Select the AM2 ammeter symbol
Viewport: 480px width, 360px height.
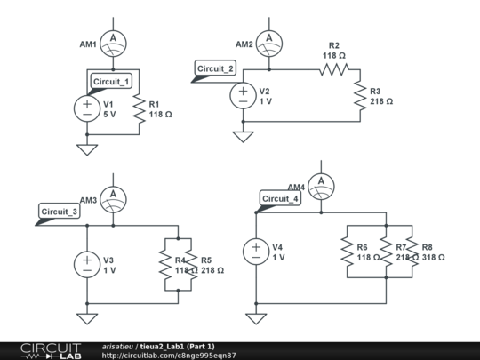[x=269, y=44]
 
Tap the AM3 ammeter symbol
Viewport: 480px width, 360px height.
[x=113, y=198]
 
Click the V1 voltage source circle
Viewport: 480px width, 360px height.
[x=87, y=108]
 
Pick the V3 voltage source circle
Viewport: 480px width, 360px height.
[x=87, y=264]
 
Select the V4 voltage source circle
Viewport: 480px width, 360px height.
[x=256, y=252]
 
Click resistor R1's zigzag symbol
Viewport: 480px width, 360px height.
[x=140, y=108]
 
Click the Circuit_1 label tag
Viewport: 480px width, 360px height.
[x=112, y=82]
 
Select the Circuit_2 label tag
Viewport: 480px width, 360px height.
[x=216, y=69]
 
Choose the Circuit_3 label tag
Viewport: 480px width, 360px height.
[x=60, y=212]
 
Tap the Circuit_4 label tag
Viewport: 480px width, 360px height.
[x=279, y=199]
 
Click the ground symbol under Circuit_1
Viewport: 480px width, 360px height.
[x=87, y=149]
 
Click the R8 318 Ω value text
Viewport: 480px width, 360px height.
[x=433, y=252]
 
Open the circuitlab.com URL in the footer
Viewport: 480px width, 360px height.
[x=169, y=355]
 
